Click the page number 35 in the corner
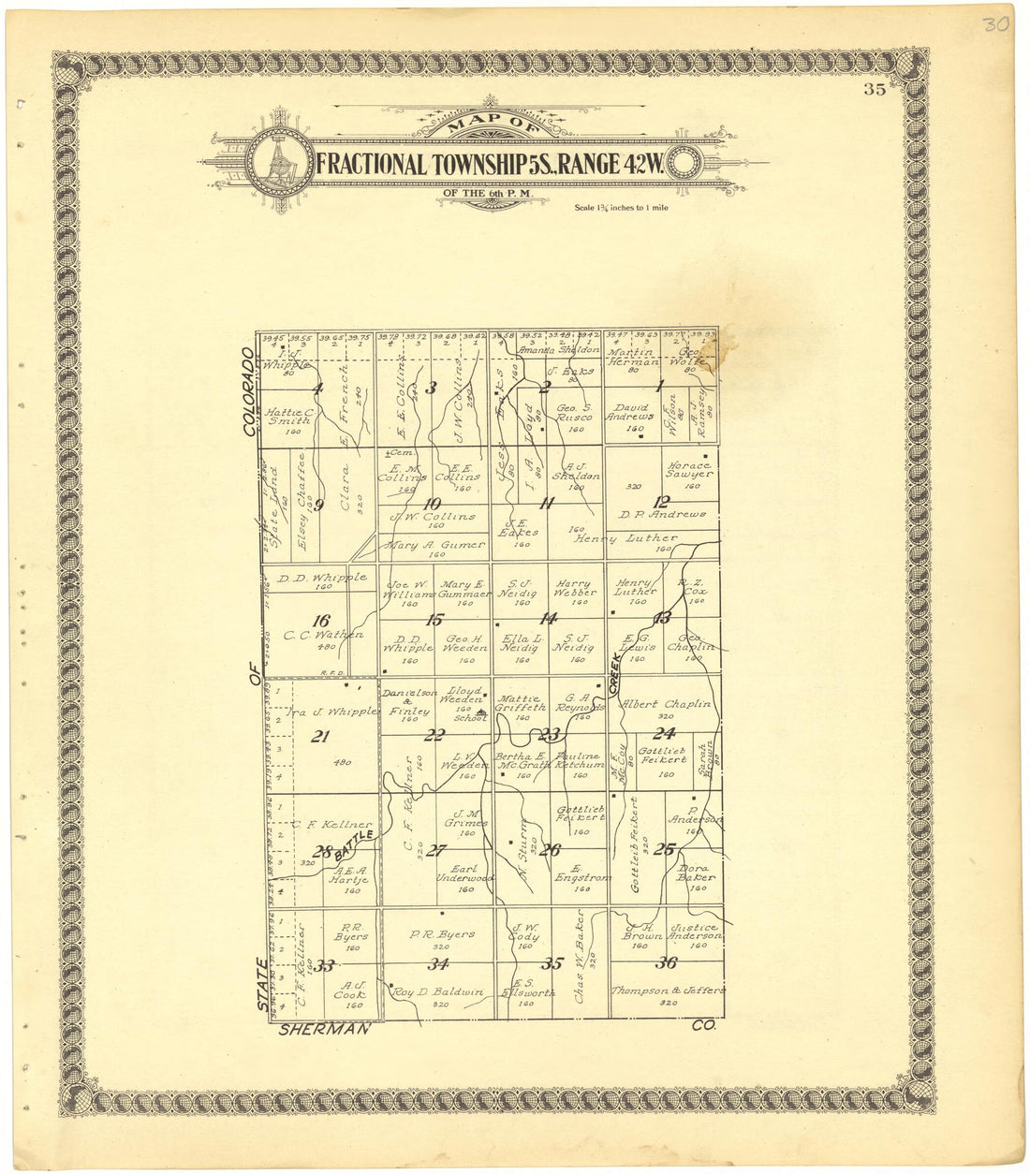(x=875, y=90)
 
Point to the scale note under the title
(x=622, y=207)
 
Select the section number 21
(x=320, y=736)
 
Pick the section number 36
(x=667, y=963)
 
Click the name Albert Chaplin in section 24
(x=666, y=704)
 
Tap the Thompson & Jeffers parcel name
(x=668, y=990)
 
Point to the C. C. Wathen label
(x=323, y=635)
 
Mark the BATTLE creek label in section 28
(x=359, y=840)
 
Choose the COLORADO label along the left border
(x=249, y=392)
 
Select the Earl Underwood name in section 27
(x=465, y=873)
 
